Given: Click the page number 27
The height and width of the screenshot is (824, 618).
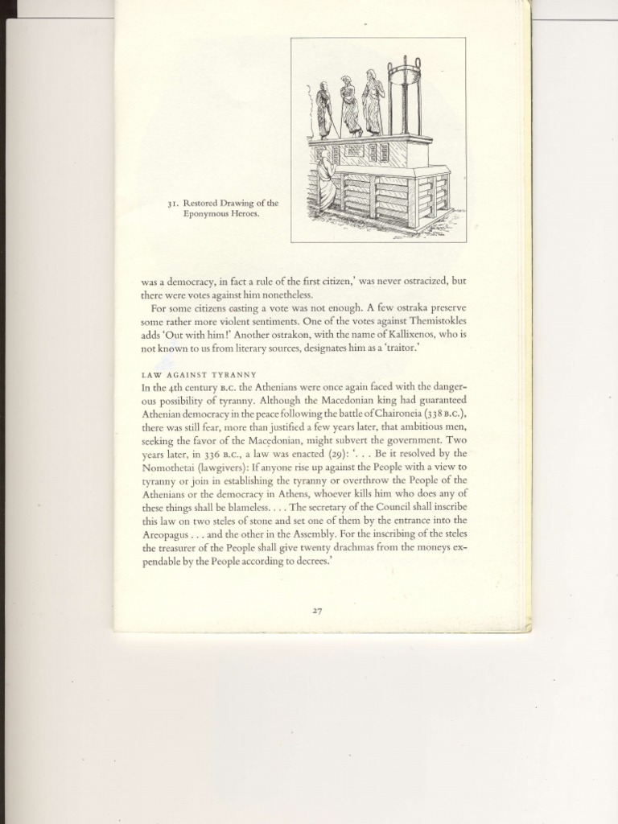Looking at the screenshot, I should (x=317, y=611).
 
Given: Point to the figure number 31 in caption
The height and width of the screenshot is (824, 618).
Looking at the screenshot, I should (x=172, y=204).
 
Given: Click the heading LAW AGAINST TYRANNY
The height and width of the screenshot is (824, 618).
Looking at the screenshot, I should (x=199, y=374).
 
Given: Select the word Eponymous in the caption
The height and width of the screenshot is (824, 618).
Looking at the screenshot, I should (x=208, y=215).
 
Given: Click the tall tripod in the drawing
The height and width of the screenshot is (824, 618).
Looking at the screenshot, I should (x=405, y=97).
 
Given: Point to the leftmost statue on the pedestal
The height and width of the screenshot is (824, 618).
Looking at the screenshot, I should (x=323, y=110).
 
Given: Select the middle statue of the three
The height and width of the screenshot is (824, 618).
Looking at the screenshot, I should (x=349, y=106).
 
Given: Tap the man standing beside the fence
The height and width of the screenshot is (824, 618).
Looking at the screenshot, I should (x=326, y=181).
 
